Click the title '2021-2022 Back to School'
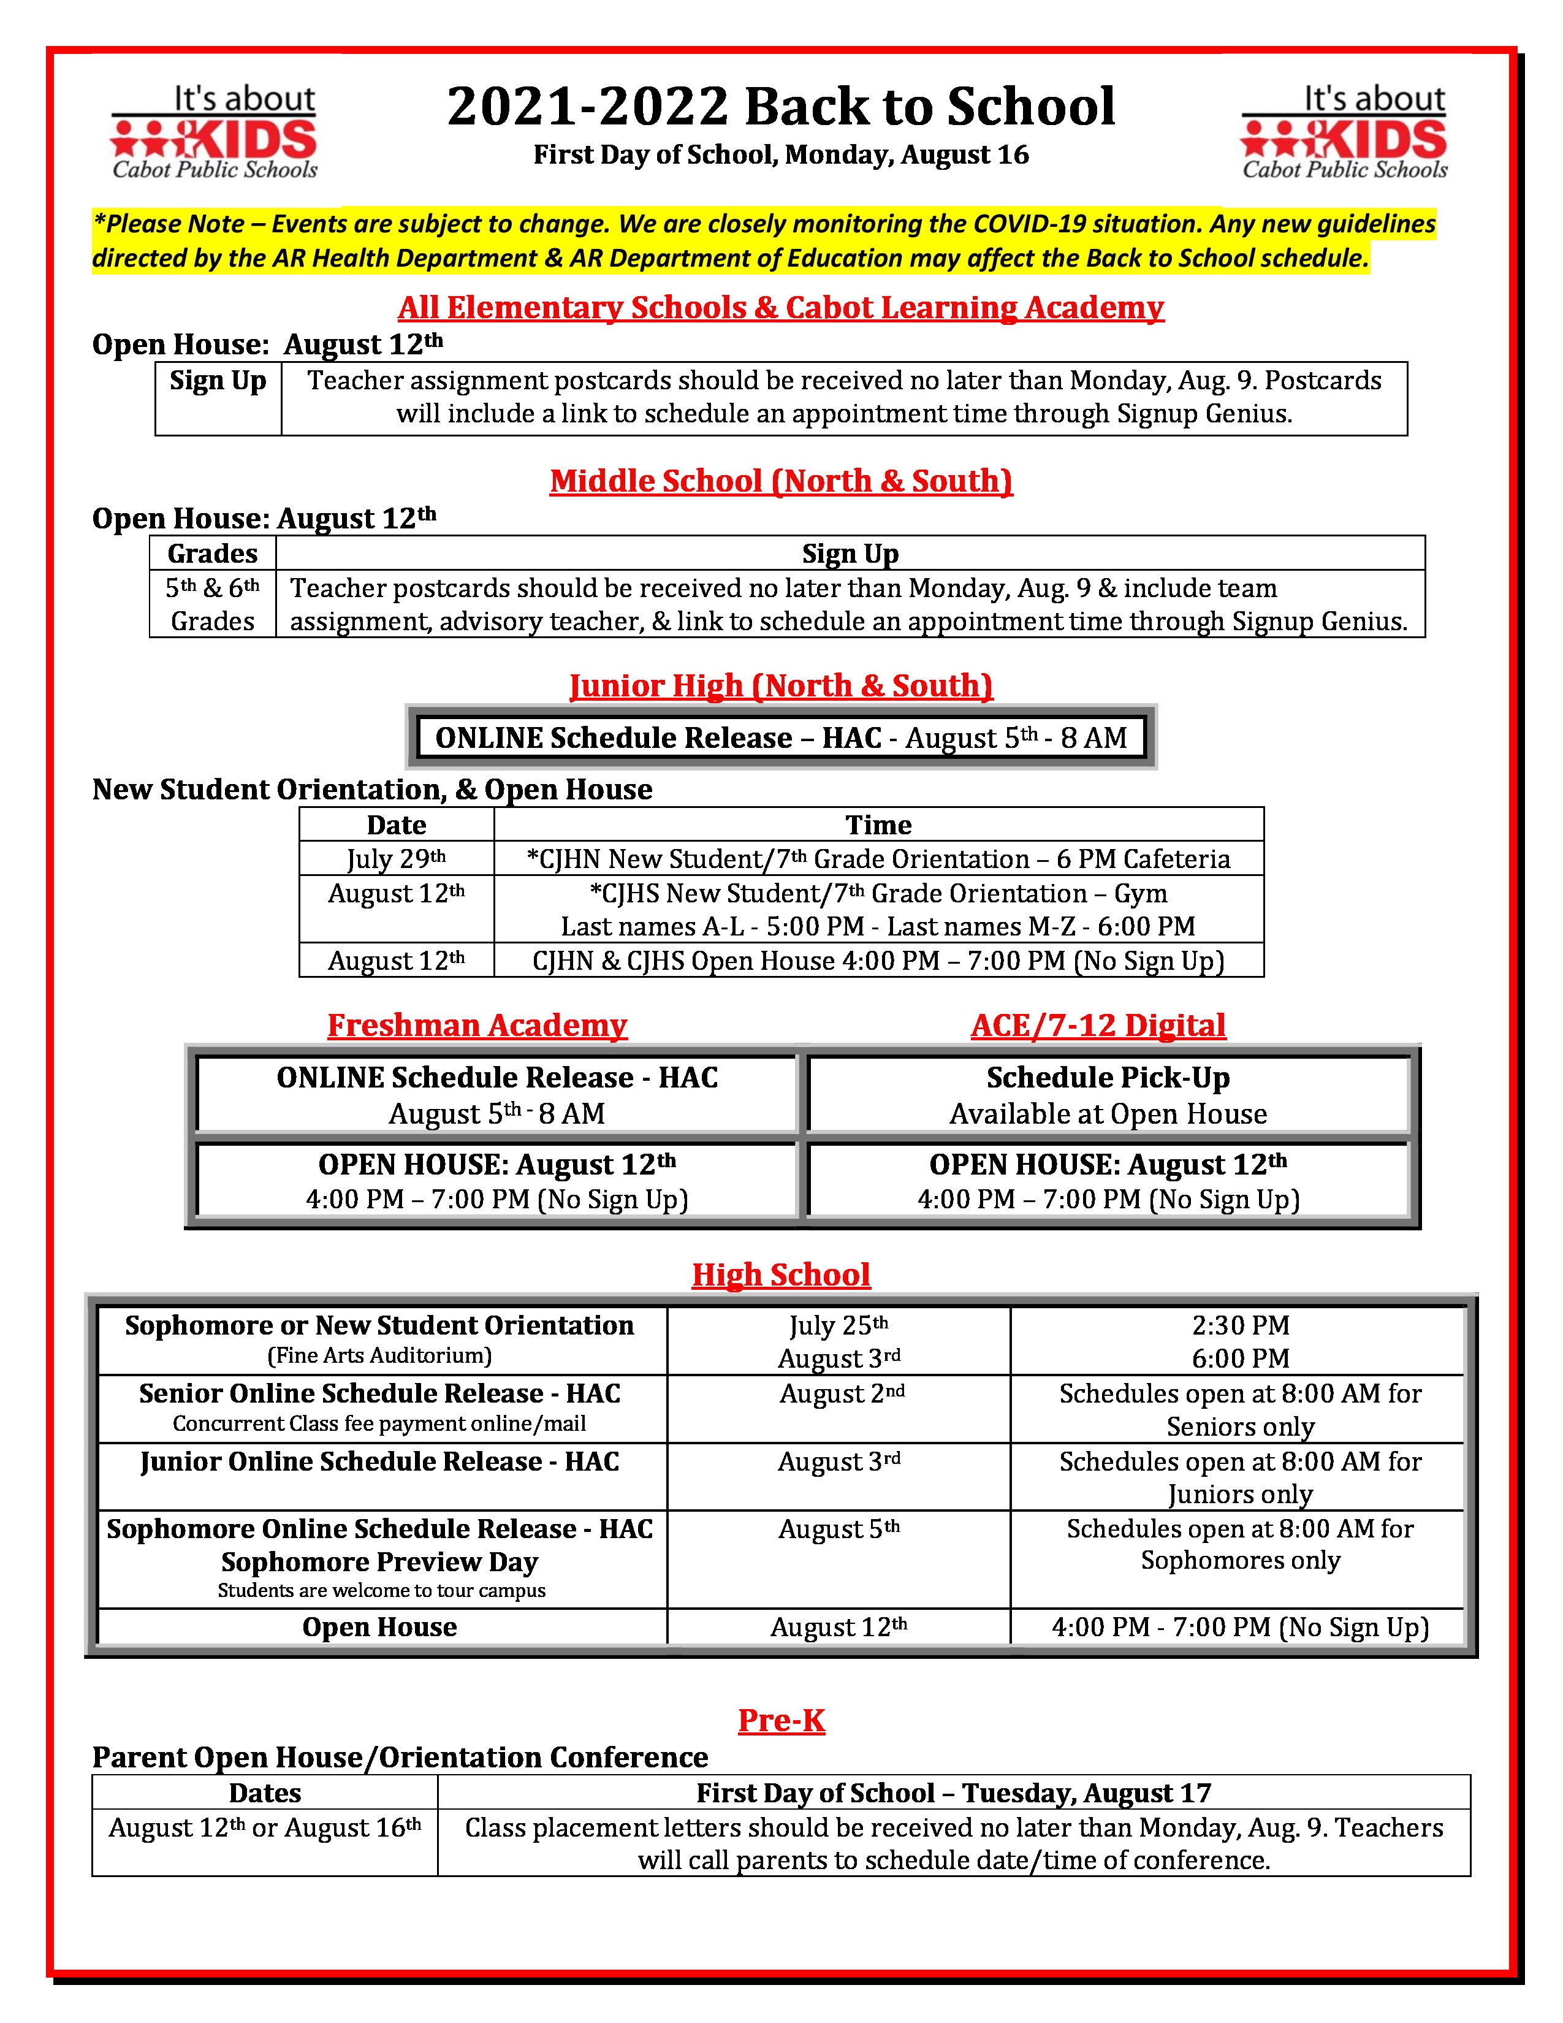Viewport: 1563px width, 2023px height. tap(780, 105)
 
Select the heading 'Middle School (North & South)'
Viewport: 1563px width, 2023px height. tap(780, 481)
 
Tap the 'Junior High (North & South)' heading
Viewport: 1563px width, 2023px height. tap(780, 685)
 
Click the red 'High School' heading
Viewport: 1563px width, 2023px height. tap(780, 1274)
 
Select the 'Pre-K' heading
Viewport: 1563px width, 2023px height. tap(780, 1720)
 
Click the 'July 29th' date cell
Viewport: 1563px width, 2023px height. tap(397, 859)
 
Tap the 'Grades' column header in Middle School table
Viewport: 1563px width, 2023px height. tap(212, 553)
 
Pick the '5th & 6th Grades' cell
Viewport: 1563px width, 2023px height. tap(212, 604)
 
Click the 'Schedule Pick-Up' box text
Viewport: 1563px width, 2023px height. tap(1108, 1077)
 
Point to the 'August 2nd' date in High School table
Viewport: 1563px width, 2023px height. tap(841, 1394)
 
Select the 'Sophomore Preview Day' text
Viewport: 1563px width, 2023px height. tap(379, 1563)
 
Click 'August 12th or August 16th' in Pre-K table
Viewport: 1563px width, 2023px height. tap(265, 1827)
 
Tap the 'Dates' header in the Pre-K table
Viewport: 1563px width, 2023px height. tap(265, 1793)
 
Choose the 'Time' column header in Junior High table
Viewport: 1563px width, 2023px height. tap(878, 825)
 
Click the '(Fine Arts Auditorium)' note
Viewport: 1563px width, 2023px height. tap(379, 1356)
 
